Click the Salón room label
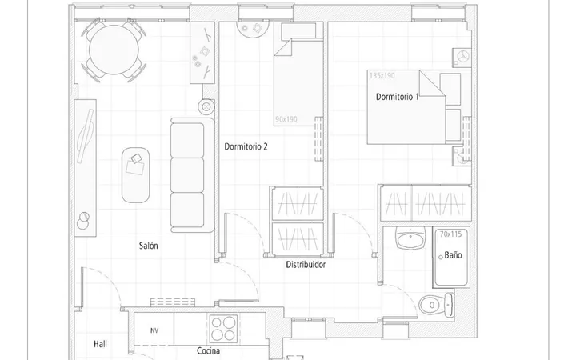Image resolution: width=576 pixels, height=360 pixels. [x=149, y=246]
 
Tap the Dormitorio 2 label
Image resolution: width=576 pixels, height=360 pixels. [x=246, y=146]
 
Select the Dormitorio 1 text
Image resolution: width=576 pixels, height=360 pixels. [x=397, y=97]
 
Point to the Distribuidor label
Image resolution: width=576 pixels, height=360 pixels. [x=306, y=265]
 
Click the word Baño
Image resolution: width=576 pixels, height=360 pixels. [x=453, y=255]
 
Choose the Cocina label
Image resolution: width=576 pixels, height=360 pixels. [x=208, y=350]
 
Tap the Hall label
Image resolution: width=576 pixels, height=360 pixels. [x=100, y=344]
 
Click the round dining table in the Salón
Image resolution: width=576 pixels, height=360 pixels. [x=114, y=50]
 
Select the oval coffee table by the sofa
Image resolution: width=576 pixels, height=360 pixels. [x=135, y=175]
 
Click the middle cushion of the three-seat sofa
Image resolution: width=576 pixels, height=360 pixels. [x=187, y=175]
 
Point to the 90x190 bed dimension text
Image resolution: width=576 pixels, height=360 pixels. [x=286, y=119]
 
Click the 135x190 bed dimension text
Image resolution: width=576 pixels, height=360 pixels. [x=382, y=76]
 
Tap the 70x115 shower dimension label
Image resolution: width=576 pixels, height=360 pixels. [x=450, y=234]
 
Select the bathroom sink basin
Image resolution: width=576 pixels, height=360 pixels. [x=410, y=238]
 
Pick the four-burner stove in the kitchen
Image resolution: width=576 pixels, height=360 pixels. [x=223, y=329]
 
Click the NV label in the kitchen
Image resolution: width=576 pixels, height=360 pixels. [x=154, y=330]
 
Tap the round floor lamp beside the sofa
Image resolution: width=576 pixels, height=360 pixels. [x=206, y=107]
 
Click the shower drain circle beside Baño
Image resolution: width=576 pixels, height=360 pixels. [x=441, y=258]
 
